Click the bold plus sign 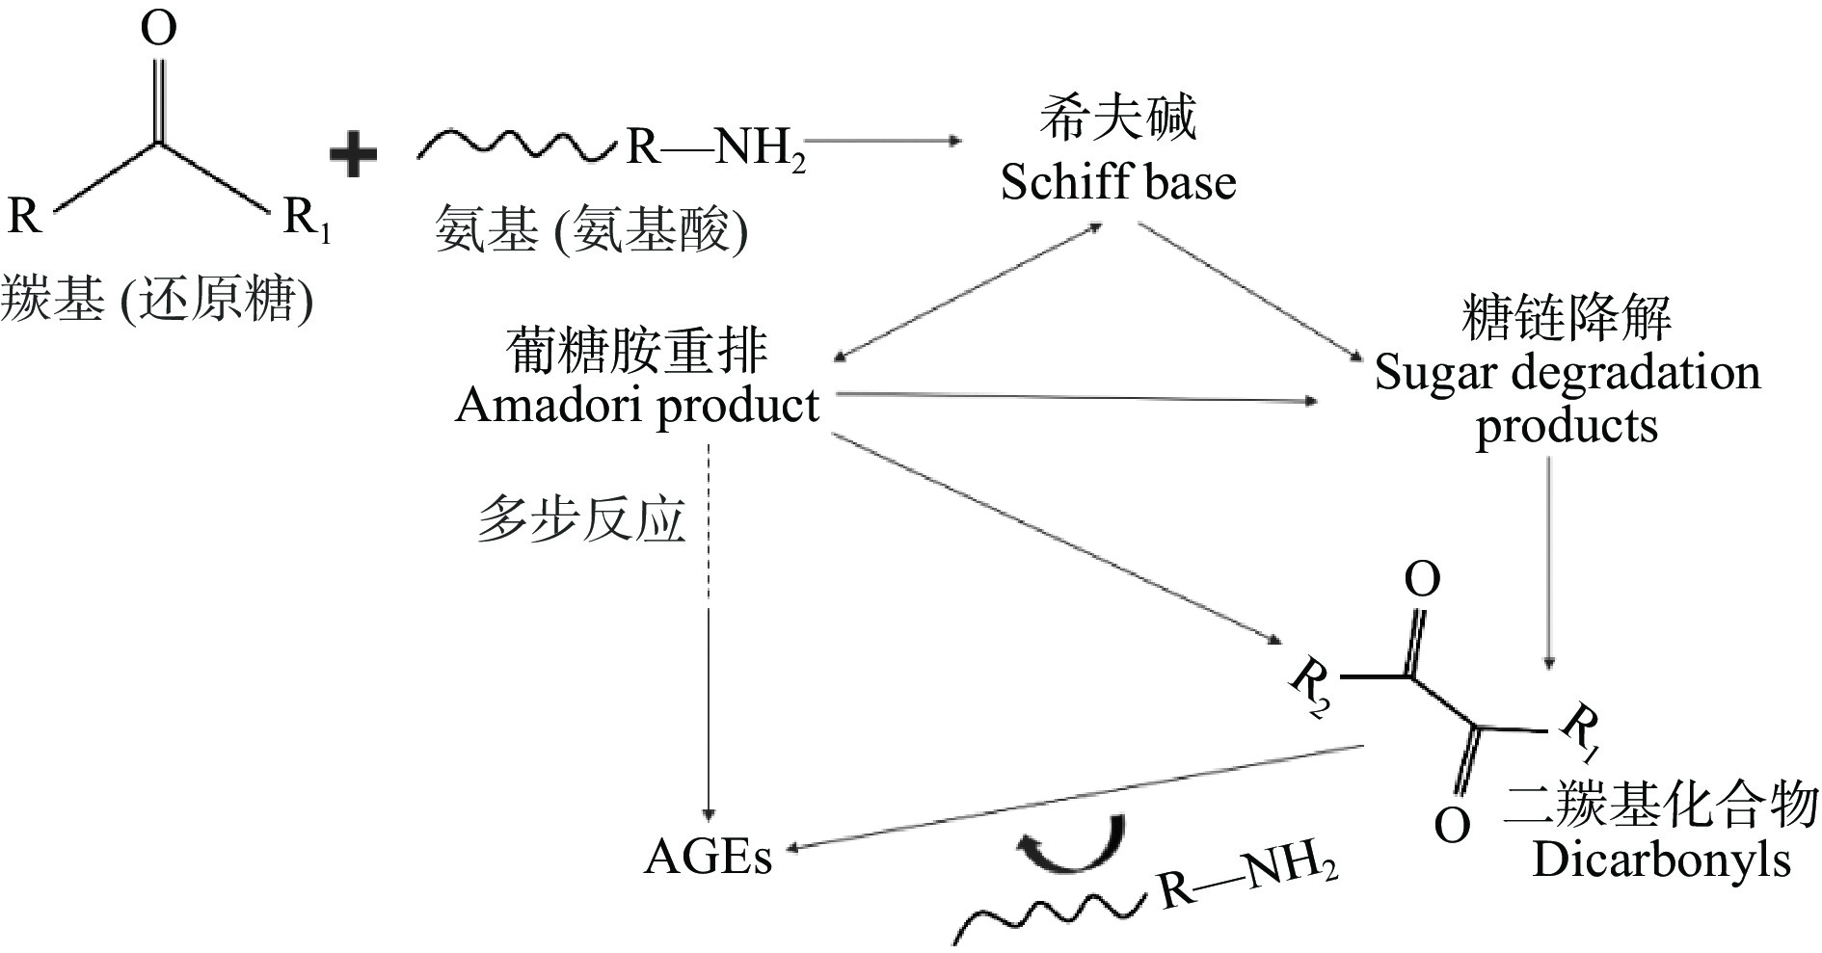353,155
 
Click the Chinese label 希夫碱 1117,119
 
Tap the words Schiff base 1118,182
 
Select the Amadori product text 637,406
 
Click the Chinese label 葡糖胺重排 637,351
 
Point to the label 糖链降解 1567,318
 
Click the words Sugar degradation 1567,373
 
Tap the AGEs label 708,857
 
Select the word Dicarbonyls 1661,860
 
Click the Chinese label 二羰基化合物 1661,806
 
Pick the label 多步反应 580,521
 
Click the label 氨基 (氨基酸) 591,231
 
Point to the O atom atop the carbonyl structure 159,29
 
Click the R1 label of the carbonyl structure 307,220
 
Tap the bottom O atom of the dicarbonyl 1452,825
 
